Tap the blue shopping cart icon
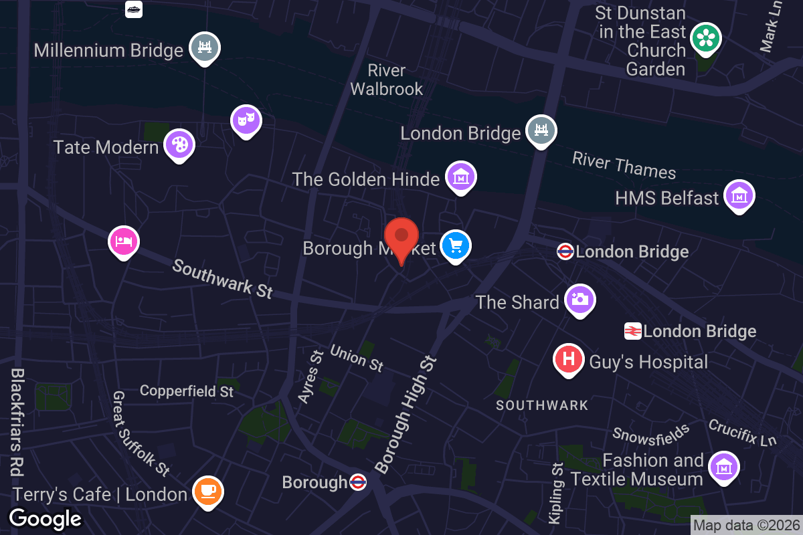[x=456, y=246]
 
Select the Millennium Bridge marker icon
[x=205, y=47]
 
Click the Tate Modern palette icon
[x=179, y=144]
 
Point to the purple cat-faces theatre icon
[x=246, y=120]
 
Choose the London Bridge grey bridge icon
[x=541, y=129]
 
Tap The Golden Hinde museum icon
[x=461, y=177]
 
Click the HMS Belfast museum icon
[x=739, y=195]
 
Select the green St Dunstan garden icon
[x=706, y=38]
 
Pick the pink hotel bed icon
[x=124, y=240]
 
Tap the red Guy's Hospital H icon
[x=569, y=359]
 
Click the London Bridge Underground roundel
[x=565, y=251]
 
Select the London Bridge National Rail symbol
[x=633, y=330]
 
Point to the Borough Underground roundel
[x=358, y=481]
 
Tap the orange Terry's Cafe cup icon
[x=208, y=492]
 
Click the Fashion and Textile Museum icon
[x=723, y=467]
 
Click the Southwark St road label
[x=223, y=278]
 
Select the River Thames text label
[x=624, y=165]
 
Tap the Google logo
[x=45, y=518]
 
